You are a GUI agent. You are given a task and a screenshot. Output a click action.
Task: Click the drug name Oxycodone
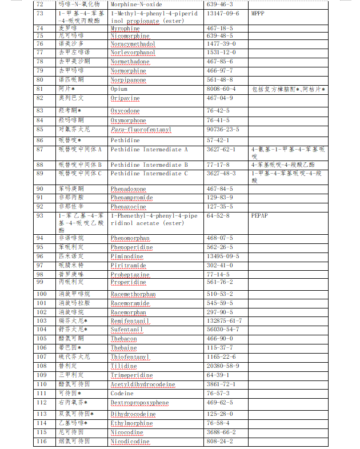click(125, 111)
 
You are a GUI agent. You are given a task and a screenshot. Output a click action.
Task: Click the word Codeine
click(122, 394)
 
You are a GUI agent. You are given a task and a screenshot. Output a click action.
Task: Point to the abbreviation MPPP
click(259, 13)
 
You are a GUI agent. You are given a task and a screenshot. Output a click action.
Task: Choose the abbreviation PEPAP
click(259, 217)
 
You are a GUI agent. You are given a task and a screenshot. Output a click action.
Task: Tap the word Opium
click(119, 89)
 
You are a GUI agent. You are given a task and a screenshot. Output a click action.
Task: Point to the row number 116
click(41, 442)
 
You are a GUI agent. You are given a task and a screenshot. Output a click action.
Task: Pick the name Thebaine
click(123, 347)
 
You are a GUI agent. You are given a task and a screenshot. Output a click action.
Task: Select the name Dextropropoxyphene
click(139, 403)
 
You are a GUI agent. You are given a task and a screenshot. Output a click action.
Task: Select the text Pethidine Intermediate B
click(149, 165)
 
